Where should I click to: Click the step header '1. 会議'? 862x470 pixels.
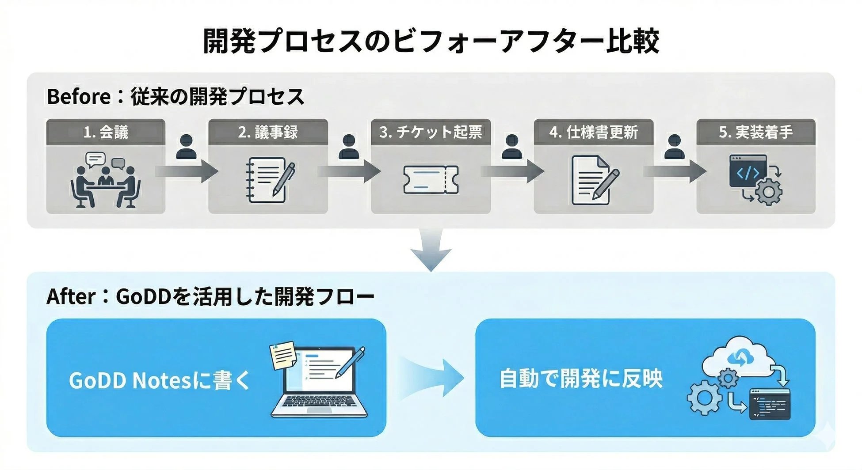[106, 132]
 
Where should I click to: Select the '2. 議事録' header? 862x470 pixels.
[268, 132]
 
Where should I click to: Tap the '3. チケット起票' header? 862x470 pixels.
[431, 132]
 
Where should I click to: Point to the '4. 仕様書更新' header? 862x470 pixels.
[593, 132]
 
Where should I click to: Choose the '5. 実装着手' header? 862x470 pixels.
[756, 132]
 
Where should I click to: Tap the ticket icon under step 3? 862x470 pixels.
[431, 180]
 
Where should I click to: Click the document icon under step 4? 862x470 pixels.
[594, 180]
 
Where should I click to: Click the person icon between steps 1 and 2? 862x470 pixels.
[187, 147]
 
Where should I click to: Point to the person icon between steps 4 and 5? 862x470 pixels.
[675, 147]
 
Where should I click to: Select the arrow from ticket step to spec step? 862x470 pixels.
[513, 171]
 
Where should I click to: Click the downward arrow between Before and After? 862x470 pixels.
[431, 250]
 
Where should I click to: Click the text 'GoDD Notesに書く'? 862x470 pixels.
[159, 380]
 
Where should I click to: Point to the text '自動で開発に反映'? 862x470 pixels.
[581, 379]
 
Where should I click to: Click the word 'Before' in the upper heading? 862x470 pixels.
[79, 97]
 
